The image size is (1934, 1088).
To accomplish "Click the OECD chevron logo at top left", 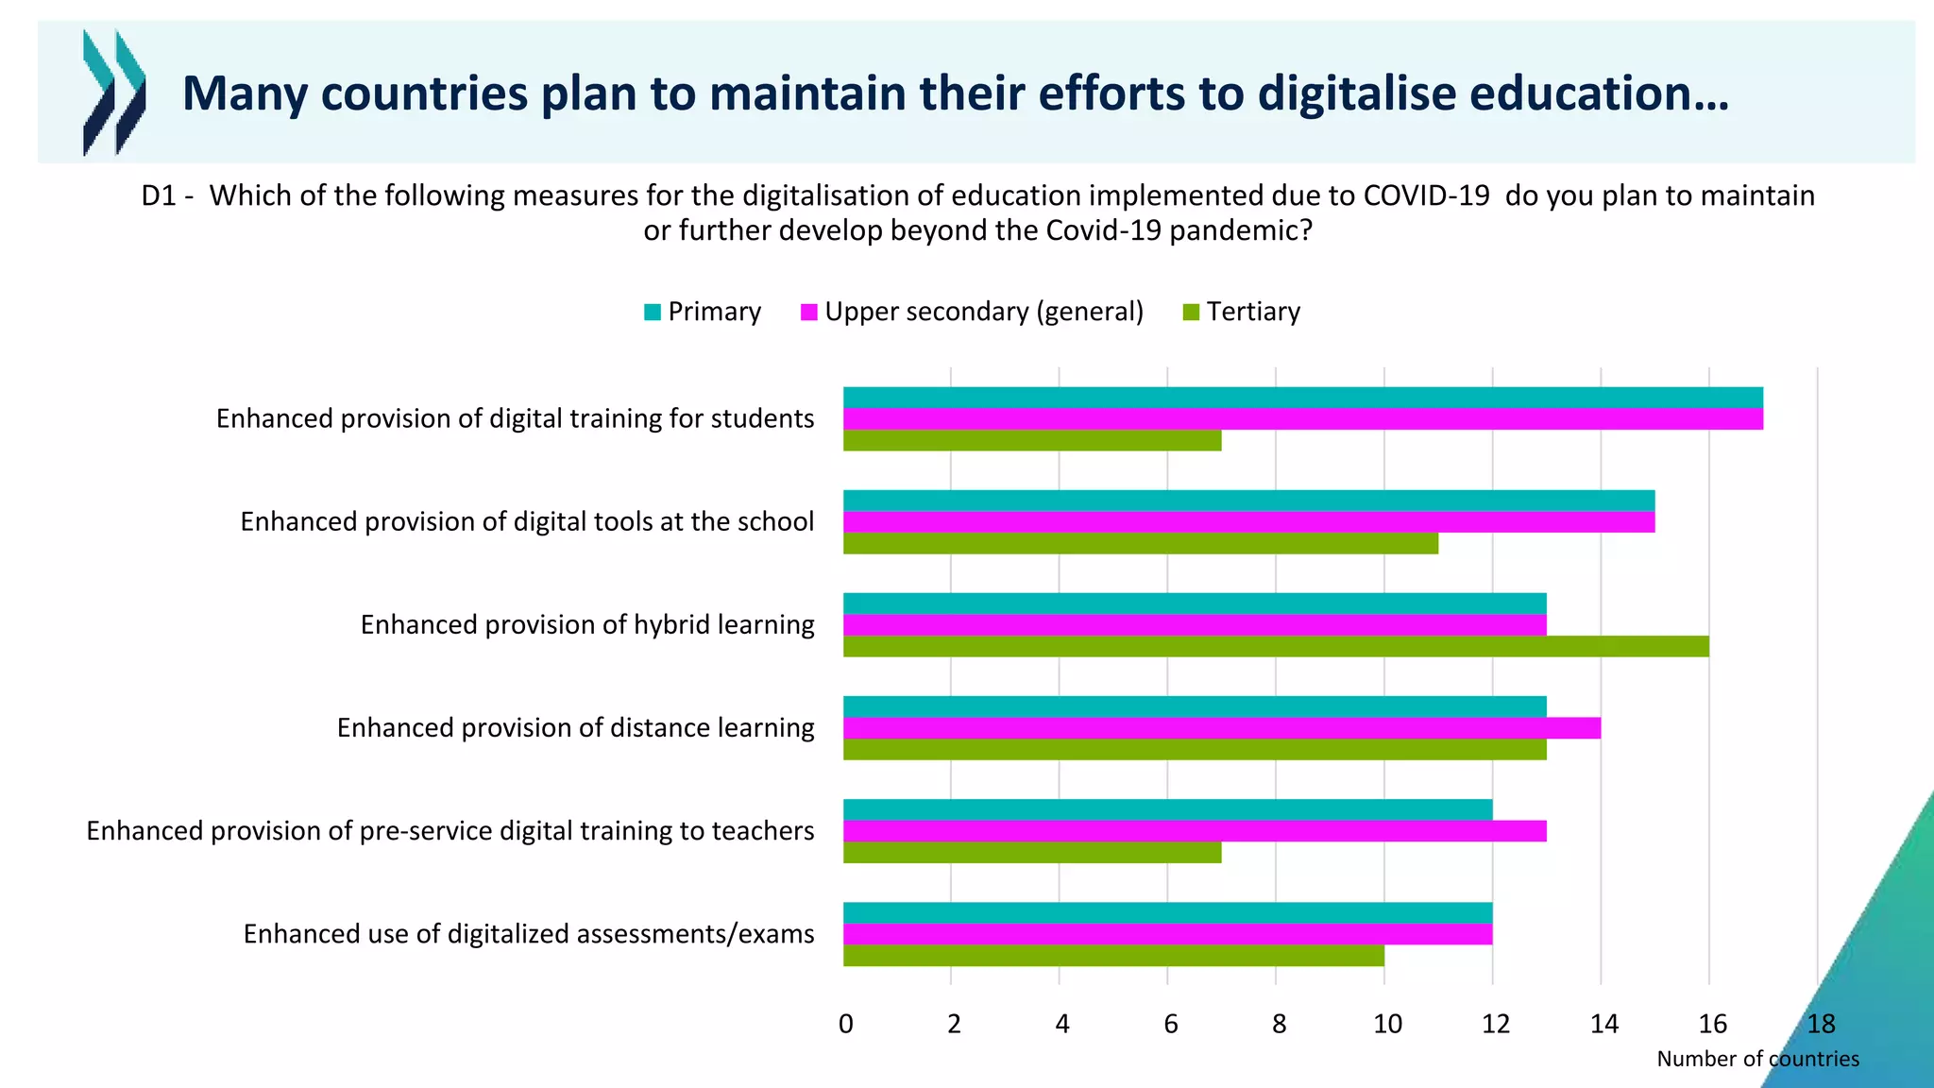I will point(114,93).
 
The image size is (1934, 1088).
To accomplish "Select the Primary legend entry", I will point(703,312).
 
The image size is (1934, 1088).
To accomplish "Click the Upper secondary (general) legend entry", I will point(972,312).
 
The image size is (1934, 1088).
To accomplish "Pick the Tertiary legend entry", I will point(1242,312).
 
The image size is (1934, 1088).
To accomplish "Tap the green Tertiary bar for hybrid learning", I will point(1275,647).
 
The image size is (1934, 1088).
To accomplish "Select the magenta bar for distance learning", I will point(1221,728).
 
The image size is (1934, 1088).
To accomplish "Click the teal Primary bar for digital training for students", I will point(1302,398).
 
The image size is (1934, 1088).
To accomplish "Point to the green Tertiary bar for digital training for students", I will point(1031,441).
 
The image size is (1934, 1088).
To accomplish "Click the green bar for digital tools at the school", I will point(1140,544).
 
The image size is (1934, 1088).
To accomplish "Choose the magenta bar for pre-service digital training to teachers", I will point(1194,831).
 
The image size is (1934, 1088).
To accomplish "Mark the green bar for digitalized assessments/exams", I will point(1112,956).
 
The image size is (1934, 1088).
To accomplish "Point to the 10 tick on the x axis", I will point(1387,1024).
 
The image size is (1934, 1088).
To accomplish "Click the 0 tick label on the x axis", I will point(846,1024).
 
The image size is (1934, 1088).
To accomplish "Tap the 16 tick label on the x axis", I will point(1712,1024).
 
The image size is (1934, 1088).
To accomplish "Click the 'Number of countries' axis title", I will point(1757,1060).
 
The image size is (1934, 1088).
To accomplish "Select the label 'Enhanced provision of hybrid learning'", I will point(587,625).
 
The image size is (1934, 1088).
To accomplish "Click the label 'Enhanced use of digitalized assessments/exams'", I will point(529,934).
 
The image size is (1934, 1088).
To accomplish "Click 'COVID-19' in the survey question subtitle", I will point(1426,195).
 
